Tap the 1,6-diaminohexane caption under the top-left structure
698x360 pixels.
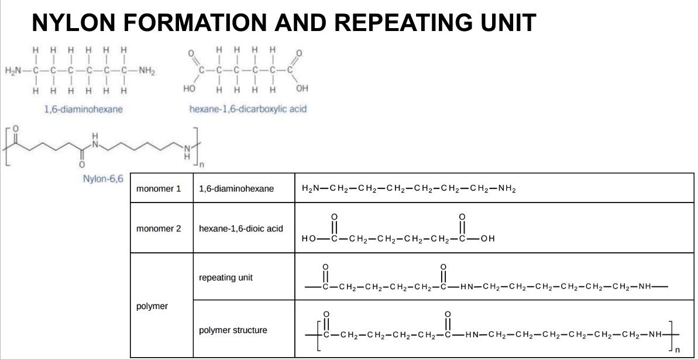click(x=84, y=109)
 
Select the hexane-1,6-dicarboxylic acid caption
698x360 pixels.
click(x=248, y=109)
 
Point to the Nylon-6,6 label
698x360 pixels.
click(x=103, y=178)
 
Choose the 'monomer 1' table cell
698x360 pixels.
click(x=159, y=189)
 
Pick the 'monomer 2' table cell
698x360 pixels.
click(x=159, y=228)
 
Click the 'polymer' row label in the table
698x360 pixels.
click(x=152, y=306)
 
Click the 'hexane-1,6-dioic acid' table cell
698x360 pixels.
click(x=241, y=228)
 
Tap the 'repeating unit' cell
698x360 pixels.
click(x=226, y=277)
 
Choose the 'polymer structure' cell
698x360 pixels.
click(x=233, y=330)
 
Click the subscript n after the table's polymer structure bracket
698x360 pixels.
click(x=678, y=351)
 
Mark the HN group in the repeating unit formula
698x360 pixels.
click(x=467, y=287)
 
